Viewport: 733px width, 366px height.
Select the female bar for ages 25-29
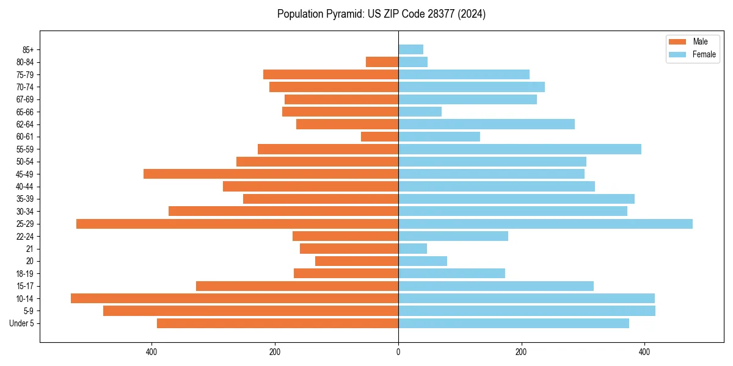click(x=545, y=224)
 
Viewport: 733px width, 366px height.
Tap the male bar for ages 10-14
click(x=235, y=298)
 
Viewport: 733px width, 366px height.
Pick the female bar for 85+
click(x=410, y=49)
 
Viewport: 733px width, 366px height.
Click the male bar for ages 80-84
click(x=382, y=62)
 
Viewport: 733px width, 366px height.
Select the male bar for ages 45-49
click(x=271, y=174)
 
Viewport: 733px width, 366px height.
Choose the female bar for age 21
click(x=412, y=249)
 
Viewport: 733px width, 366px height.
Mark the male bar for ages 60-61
click(x=380, y=137)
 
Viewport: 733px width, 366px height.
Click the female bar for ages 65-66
click(x=420, y=112)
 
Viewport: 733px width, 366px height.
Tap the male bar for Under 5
click(x=277, y=323)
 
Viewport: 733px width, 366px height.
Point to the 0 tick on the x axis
click(x=398, y=352)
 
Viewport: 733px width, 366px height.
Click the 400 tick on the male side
click(x=151, y=352)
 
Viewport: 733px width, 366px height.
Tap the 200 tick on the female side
click(x=521, y=352)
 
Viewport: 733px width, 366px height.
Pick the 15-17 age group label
click(x=25, y=286)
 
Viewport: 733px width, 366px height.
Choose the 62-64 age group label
click(x=25, y=124)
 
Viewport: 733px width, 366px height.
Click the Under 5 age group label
click(x=22, y=323)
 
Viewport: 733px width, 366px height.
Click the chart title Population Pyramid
click(x=381, y=14)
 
